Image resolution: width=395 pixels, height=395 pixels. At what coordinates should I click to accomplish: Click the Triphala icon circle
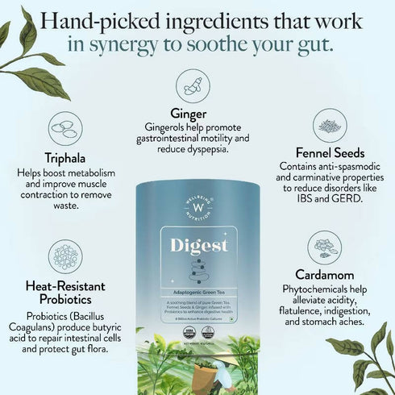[x=66, y=128]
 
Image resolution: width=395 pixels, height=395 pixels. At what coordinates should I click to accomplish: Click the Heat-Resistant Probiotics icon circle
[x=64, y=256]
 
